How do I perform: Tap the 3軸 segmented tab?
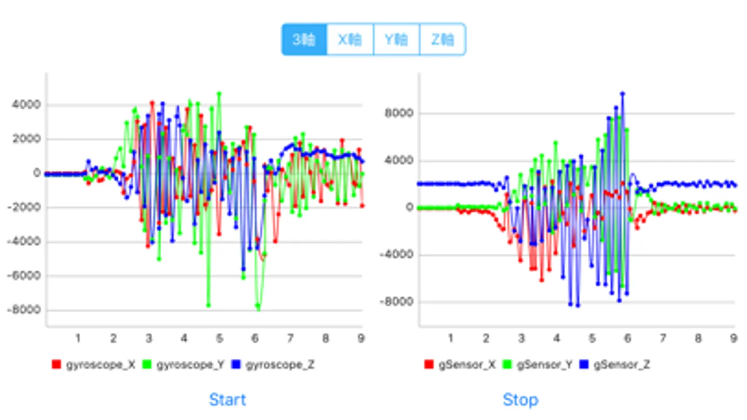(x=304, y=39)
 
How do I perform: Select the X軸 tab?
(x=350, y=39)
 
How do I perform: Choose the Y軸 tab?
(x=396, y=39)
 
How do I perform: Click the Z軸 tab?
(x=442, y=39)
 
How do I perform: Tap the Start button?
(x=228, y=399)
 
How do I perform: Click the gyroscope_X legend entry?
(x=94, y=364)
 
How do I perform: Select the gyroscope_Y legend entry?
(x=184, y=364)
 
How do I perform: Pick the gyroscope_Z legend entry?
(x=273, y=364)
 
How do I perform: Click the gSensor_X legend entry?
(x=460, y=364)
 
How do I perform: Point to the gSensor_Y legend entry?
(x=538, y=364)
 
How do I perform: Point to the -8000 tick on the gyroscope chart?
(x=24, y=310)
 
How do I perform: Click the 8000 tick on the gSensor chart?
(x=399, y=113)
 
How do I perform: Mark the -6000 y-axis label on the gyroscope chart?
(x=24, y=275)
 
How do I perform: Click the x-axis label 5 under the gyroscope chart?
(x=219, y=338)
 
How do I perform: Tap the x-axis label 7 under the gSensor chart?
(x=662, y=338)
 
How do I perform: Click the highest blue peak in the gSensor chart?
(x=622, y=94)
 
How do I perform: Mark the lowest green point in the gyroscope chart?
(x=258, y=307)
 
